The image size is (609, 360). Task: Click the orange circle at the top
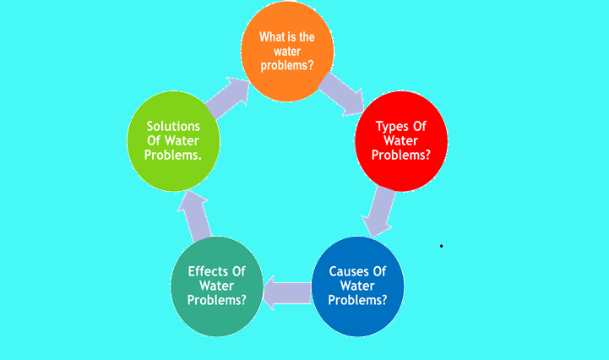[287, 52]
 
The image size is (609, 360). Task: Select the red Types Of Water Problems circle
[401, 141]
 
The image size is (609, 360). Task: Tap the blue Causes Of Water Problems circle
[357, 286]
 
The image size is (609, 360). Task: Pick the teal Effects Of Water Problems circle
[217, 286]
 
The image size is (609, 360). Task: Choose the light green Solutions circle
[173, 141]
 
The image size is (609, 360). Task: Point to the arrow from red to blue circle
[378, 212]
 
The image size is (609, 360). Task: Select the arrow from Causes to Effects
[287, 292]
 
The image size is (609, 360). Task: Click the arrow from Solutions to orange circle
[228, 97]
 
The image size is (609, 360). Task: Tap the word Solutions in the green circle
[173, 127]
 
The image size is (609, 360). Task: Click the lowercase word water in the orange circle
[287, 52]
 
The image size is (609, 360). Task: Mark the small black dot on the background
[441, 246]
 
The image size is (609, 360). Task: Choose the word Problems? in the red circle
[401, 155]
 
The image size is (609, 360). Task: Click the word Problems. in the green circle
[173, 155]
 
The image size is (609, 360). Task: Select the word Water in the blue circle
[357, 286]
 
